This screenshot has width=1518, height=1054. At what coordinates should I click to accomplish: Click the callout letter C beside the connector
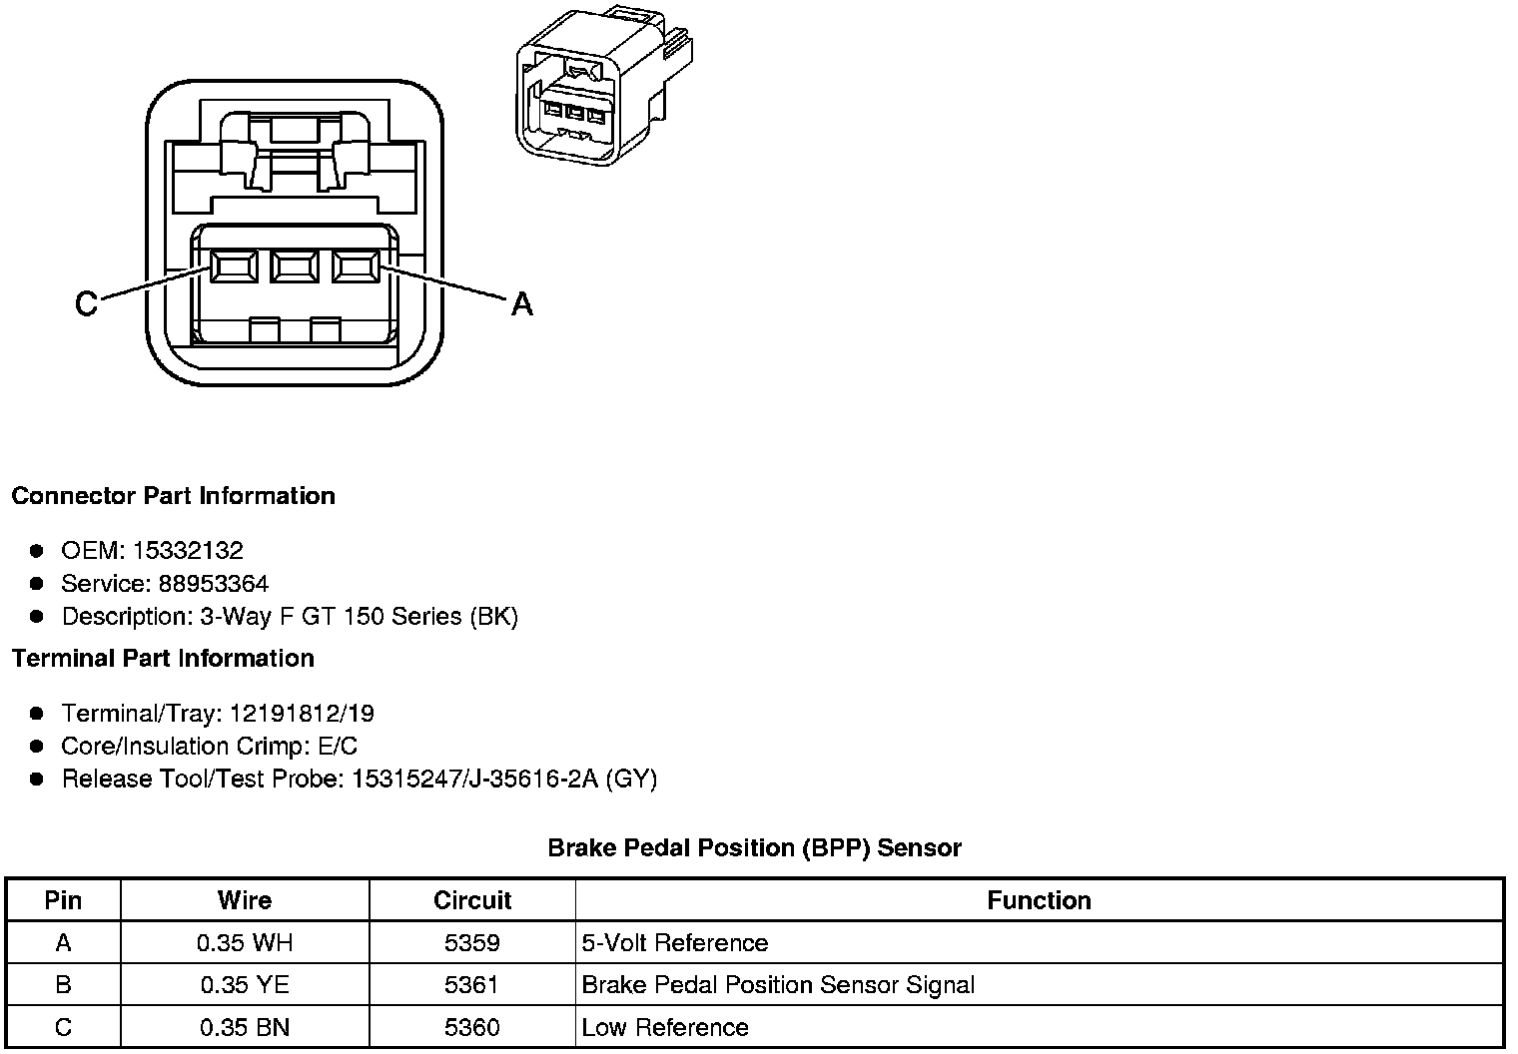tap(87, 303)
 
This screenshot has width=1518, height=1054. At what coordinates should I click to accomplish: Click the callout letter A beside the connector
tap(521, 303)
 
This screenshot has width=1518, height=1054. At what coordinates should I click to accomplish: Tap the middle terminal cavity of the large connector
tap(294, 266)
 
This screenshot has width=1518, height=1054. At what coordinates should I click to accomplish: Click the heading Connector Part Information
tap(173, 496)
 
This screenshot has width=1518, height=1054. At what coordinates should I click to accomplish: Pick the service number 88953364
tap(213, 583)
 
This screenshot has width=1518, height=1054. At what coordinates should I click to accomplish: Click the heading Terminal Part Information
tap(163, 659)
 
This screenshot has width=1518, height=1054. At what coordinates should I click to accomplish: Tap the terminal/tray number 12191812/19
tap(302, 714)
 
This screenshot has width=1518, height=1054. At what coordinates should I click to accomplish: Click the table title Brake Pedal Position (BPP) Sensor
tap(754, 848)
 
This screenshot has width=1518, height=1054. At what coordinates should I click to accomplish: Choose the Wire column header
tap(245, 900)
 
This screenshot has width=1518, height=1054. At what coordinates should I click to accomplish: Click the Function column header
tap(1039, 900)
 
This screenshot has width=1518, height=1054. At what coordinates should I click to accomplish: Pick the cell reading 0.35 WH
tap(245, 943)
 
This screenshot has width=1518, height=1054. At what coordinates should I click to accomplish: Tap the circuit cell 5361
tap(472, 985)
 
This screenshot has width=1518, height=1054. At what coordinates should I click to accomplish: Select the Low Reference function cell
tap(665, 1027)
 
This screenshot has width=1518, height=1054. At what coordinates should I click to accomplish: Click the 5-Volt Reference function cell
tap(675, 943)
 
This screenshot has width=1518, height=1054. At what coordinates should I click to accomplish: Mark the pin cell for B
tap(63, 985)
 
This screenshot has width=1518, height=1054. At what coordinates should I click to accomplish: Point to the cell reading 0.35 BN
tap(245, 1027)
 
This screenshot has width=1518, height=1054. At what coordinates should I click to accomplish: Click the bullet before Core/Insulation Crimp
tap(37, 747)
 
